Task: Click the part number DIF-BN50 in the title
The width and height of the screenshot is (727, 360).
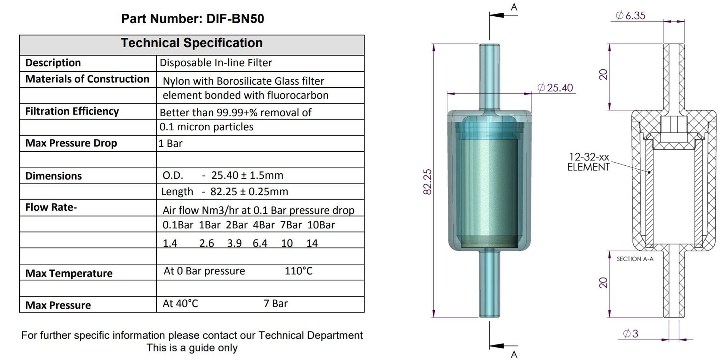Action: pos(235,19)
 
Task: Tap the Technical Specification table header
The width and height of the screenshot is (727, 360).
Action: pos(192,43)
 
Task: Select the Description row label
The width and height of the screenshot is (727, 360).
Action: pos(53,62)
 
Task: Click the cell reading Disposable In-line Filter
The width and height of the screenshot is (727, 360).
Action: pos(216,62)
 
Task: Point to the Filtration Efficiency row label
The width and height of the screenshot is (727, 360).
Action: pos(72,111)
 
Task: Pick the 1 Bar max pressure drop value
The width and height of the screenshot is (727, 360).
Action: pos(170,143)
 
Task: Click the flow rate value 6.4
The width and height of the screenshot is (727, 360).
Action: pos(260,243)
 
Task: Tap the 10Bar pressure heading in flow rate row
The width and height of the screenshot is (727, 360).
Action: pos(321,225)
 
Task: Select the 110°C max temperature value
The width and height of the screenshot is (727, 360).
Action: pos(298,271)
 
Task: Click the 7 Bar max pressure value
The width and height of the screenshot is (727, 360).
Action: pos(276,303)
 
